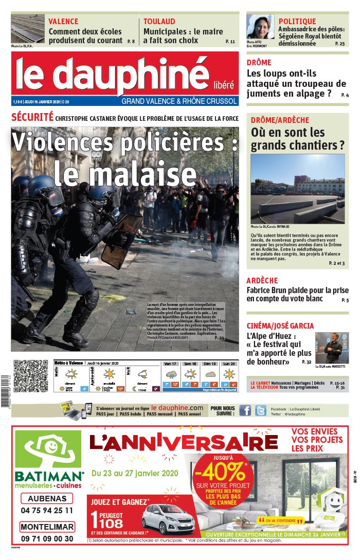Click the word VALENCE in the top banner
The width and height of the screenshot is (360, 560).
(63, 22)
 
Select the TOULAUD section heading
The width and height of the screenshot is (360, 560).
(159, 22)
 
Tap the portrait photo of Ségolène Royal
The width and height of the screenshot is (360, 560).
(260, 27)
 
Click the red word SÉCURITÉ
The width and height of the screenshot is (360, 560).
(32, 117)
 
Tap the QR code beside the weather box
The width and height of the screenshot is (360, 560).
(31, 376)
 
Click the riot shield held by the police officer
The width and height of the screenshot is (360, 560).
(121, 240)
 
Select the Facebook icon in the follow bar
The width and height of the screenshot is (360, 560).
(245, 410)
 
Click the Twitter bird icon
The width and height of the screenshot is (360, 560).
(261, 410)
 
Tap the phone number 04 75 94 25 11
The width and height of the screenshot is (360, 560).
(47, 511)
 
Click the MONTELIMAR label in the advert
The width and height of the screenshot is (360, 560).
(47, 527)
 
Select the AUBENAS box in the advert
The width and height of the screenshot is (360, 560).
(47, 498)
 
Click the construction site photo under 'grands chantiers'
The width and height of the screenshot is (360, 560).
(298, 189)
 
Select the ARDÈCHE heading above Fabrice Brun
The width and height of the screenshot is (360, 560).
(262, 280)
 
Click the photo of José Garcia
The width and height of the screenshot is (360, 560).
(332, 348)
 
